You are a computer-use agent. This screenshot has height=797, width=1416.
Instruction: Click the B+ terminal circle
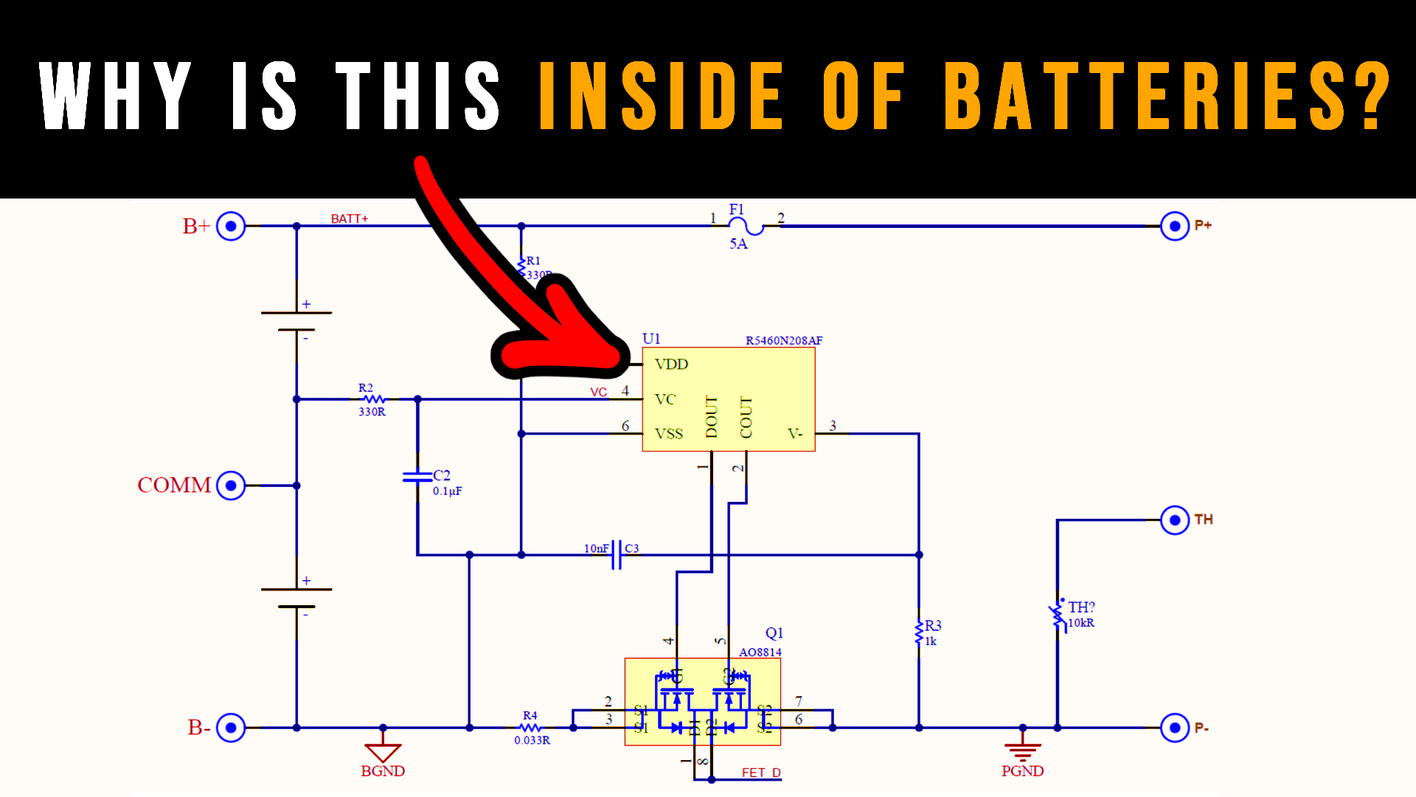tap(231, 226)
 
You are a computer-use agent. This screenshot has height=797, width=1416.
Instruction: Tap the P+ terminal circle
tap(1174, 226)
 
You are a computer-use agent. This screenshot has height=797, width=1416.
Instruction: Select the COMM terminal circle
tap(231, 486)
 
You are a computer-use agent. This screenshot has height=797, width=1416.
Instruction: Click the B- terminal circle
tap(231, 728)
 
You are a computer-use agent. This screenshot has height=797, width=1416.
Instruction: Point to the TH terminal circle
tap(1174, 520)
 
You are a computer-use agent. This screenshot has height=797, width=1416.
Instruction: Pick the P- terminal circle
tap(1174, 728)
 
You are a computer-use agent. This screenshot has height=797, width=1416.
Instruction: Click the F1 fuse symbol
tap(746, 226)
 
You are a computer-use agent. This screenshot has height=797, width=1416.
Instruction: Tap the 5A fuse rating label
tap(738, 244)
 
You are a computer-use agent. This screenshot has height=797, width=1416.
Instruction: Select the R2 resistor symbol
tap(372, 399)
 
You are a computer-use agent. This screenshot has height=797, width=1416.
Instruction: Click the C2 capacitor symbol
tap(417, 477)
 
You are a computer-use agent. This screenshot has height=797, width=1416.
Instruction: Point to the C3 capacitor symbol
tap(617, 555)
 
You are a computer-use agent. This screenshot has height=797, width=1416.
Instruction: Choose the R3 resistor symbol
tap(919, 633)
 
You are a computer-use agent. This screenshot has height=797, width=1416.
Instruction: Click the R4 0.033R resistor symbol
tap(530, 728)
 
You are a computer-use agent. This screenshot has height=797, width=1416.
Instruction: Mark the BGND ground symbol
tap(383, 752)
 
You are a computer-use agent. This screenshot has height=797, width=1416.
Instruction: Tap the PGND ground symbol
tap(1022, 752)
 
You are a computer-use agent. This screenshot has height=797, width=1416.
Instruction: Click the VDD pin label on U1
tap(671, 365)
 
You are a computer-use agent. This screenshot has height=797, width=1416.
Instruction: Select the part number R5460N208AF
tap(783, 341)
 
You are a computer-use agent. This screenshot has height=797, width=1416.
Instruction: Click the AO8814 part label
tap(760, 652)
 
